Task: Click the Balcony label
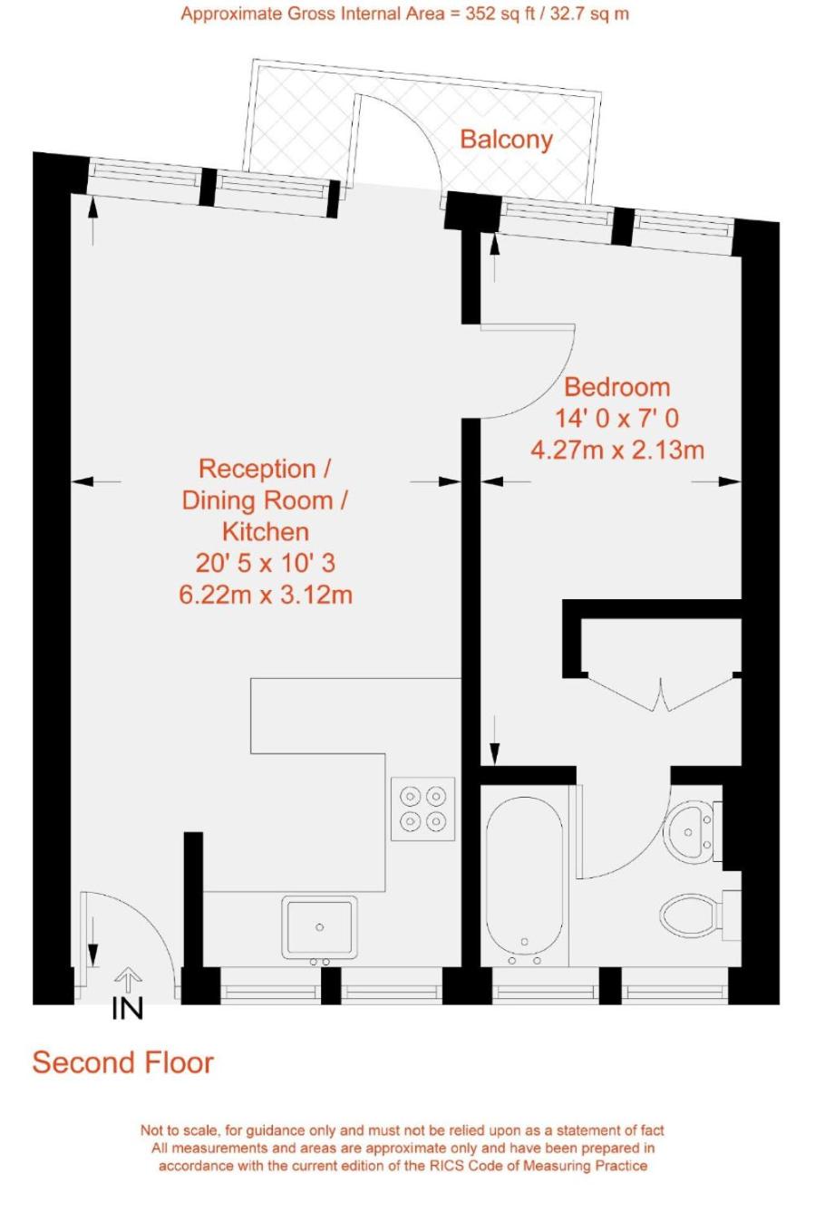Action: [506, 141]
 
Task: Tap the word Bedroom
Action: [616, 388]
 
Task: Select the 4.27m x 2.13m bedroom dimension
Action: [616, 451]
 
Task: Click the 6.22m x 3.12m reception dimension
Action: [266, 594]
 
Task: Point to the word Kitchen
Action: [266, 531]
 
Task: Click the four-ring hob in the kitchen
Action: [422, 809]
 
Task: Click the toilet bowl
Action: [689, 914]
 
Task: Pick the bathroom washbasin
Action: [689, 831]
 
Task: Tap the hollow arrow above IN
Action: [128, 979]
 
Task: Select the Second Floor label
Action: [122, 1062]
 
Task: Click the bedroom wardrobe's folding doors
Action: [661, 693]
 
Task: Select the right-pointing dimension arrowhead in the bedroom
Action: [730, 481]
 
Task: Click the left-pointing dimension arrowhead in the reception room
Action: [82, 481]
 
